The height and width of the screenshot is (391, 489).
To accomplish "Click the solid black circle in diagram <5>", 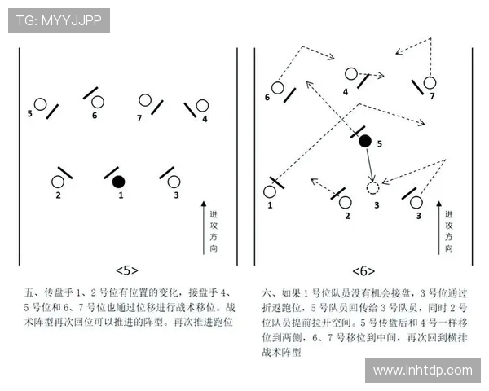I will [119, 181].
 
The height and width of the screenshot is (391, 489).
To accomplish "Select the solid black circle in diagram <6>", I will [365, 141].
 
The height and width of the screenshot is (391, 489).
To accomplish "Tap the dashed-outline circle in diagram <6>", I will [372, 188].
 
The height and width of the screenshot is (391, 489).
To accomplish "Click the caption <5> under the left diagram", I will [127, 270].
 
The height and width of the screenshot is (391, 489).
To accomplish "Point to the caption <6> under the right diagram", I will [363, 270].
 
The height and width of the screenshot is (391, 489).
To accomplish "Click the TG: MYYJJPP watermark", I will [59, 20].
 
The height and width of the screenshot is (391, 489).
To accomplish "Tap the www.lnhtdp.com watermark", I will [422, 371].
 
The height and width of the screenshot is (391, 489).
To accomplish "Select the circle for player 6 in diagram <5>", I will [98, 103].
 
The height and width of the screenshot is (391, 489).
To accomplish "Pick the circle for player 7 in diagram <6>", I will [430, 82].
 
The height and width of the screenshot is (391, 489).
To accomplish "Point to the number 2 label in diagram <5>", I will [58, 195].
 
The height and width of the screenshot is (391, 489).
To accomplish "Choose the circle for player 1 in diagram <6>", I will [270, 192].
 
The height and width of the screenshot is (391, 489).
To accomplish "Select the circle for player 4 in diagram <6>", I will [350, 74].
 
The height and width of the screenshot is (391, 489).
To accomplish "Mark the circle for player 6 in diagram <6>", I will [277, 87].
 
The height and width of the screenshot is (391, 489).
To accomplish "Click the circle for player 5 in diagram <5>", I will [39, 104].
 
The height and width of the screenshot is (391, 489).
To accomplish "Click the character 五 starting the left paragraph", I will [30, 292].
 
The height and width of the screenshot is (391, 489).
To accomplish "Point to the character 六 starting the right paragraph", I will [267, 292].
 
